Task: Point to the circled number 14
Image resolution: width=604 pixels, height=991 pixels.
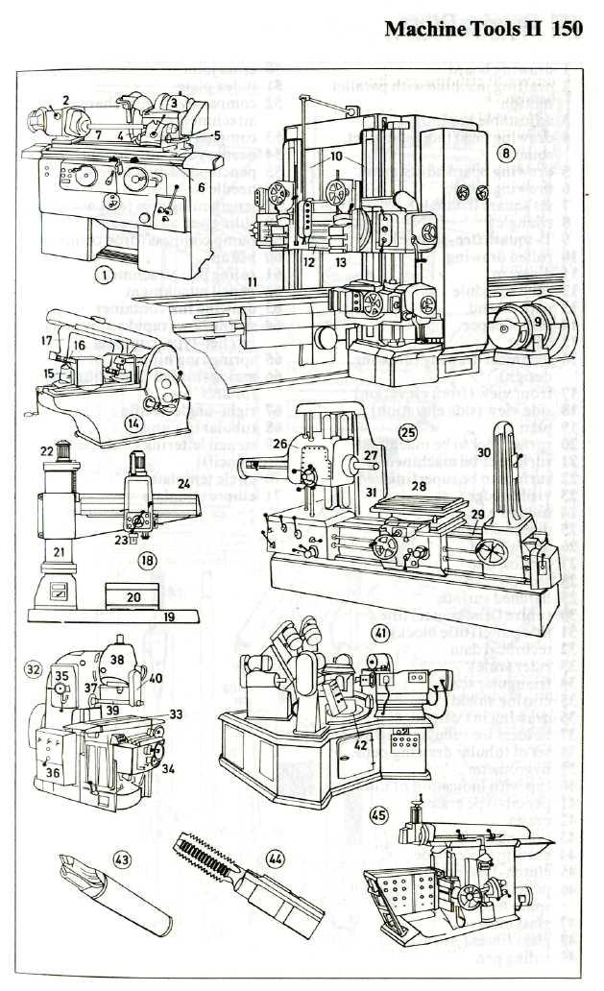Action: point(134,422)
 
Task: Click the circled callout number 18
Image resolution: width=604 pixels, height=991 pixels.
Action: point(149,558)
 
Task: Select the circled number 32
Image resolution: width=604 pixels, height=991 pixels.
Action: point(34,667)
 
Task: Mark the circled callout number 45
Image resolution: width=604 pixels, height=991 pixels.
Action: point(380,815)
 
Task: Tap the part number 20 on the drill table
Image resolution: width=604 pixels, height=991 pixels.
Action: point(134,596)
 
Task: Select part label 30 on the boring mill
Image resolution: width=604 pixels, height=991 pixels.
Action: point(484,451)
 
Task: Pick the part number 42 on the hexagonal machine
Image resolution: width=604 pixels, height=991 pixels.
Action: point(359,742)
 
